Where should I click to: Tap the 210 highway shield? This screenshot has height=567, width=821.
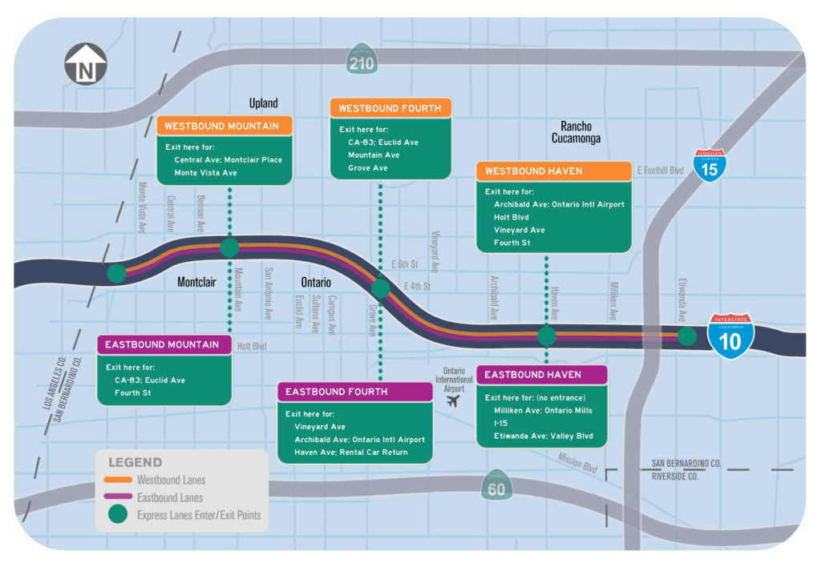pyautogui.click(x=362, y=59)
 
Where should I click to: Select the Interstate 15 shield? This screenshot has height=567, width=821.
pyautogui.click(x=710, y=165)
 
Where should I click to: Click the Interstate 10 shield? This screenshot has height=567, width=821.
pyautogui.click(x=731, y=336)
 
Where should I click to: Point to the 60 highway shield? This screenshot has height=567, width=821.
pyautogui.click(x=497, y=485)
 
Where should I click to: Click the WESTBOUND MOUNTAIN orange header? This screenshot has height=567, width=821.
pyautogui.click(x=225, y=127)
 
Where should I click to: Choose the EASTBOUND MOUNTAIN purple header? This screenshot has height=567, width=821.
pyautogui.click(x=164, y=345)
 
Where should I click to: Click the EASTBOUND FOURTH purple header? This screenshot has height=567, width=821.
pyautogui.click(x=355, y=392)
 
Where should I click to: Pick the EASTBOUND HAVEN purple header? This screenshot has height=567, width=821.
pyautogui.click(x=542, y=375)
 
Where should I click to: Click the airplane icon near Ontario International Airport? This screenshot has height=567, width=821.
pyautogui.click(x=455, y=399)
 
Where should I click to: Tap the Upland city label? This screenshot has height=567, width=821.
pyautogui.click(x=263, y=103)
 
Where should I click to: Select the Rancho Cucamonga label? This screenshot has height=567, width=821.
pyautogui.click(x=576, y=132)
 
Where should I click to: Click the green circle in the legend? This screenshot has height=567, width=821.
pyautogui.click(x=119, y=515)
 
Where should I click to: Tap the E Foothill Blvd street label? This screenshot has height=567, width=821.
pyautogui.click(x=660, y=170)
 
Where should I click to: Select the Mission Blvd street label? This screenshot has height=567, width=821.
pyautogui.click(x=577, y=462)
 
